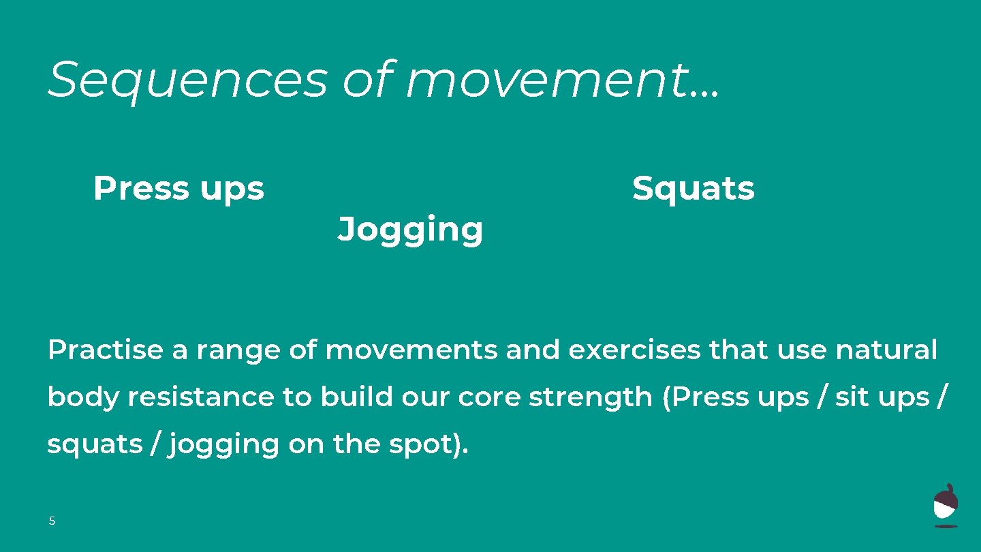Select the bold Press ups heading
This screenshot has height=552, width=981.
[x=178, y=188]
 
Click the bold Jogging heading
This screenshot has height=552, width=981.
[x=410, y=230]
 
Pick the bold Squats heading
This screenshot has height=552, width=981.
[x=693, y=188]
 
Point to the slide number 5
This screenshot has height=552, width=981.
[x=52, y=521]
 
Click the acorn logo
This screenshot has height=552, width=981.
[x=946, y=506]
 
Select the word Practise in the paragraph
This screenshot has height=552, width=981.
[x=106, y=350]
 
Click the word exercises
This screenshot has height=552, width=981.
[x=634, y=350]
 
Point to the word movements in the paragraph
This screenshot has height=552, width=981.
[x=411, y=350]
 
